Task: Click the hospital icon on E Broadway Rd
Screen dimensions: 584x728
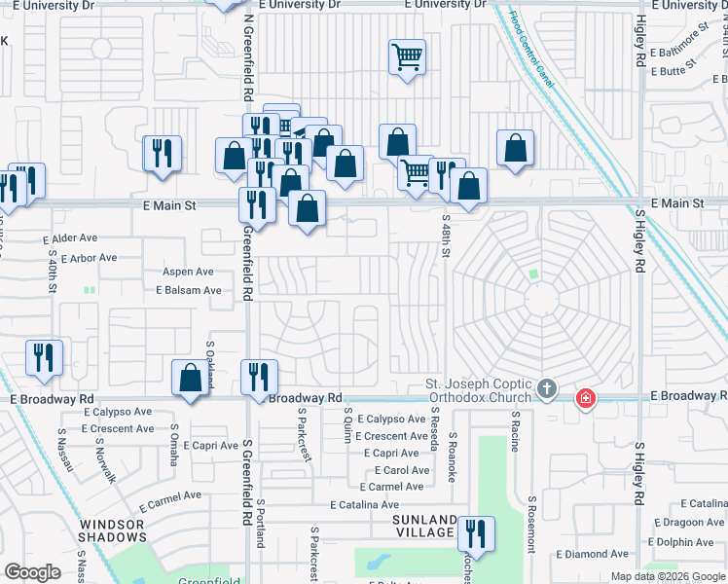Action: (585, 398)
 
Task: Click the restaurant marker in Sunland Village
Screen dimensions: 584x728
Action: (475, 532)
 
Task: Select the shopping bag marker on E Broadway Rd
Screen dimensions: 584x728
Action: (191, 378)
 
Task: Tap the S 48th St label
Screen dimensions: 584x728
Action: (446, 236)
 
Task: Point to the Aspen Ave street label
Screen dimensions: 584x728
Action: (188, 272)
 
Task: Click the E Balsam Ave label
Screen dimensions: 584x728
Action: (188, 290)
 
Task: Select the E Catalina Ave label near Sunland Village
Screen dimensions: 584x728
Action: (364, 505)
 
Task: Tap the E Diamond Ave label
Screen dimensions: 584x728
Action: (593, 554)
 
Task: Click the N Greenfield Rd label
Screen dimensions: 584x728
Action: (248, 58)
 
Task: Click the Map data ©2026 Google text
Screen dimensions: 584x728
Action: (666, 576)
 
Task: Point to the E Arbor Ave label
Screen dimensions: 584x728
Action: (88, 258)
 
